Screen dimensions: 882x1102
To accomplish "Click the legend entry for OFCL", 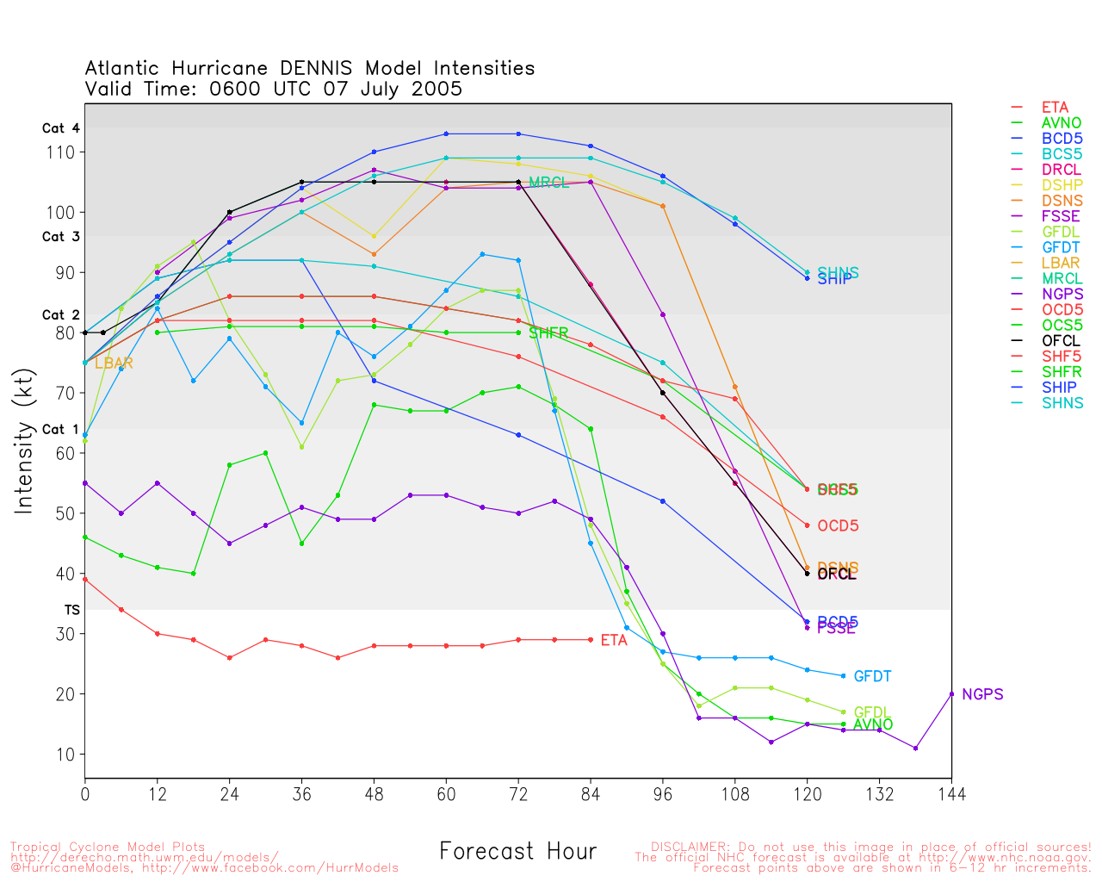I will [1060, 341].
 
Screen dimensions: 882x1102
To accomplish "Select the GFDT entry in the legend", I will [1060, 248].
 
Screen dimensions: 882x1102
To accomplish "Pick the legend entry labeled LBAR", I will [1060, 264].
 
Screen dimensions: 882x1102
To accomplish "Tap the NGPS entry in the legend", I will [1062, 295].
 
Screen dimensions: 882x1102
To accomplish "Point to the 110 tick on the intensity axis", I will [65, 152].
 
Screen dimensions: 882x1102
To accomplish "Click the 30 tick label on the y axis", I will [65, 634].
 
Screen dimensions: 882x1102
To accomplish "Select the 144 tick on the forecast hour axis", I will [951, 793].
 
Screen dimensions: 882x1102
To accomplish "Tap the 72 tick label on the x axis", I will [518, 793].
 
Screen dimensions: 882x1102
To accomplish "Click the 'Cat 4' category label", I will [60, 128].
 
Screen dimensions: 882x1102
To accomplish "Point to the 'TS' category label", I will [72, 610].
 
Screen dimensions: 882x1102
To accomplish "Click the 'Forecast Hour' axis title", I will [517, 852].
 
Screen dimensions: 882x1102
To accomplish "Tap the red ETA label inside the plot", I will [614, 641].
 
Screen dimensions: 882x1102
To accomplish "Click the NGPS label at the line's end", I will [982, 694].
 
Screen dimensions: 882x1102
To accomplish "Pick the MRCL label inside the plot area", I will [548, 183].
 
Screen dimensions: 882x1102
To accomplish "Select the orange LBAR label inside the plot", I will [114, 363].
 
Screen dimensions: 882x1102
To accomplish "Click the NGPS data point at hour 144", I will [951, 693].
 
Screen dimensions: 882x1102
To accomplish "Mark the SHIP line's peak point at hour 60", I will [446, 134].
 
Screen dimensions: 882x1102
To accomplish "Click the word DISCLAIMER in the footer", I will [689, 847].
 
